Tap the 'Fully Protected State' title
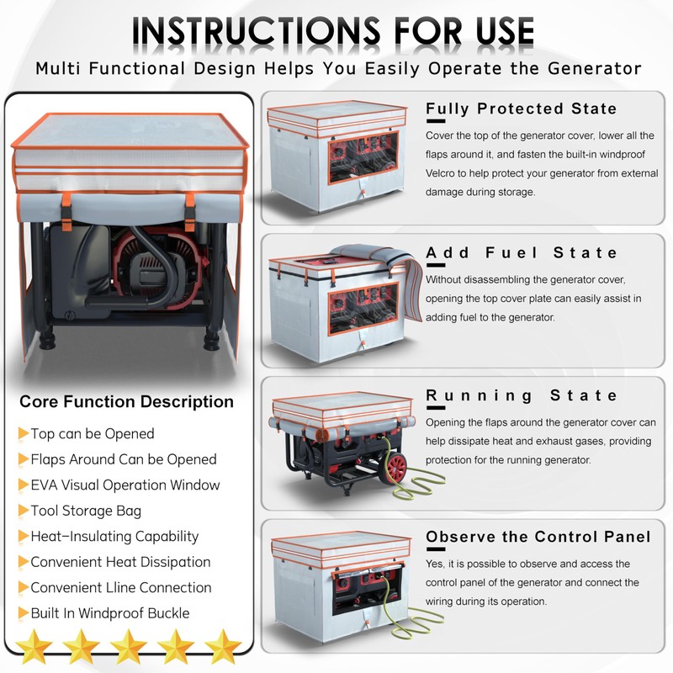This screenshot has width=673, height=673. pos(521,109)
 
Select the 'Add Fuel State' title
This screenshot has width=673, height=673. pos(522,252)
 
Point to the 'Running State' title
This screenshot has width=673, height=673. pos(522,395)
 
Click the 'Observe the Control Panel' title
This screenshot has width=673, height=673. pos(538,537)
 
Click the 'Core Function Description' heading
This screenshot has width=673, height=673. pos(126,401)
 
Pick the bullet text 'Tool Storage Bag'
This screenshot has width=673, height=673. pos(86,511)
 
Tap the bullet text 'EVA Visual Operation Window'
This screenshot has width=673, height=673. pos(125,485)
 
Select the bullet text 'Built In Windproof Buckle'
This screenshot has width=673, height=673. pos(110,613)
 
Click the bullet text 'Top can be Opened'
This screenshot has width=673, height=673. pos(93,434)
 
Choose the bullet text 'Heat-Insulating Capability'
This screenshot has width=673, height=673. pos(114,536)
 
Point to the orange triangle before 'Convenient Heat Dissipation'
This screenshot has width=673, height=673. pos(23,562)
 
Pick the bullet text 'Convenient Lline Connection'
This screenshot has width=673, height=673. pos(121,587)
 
